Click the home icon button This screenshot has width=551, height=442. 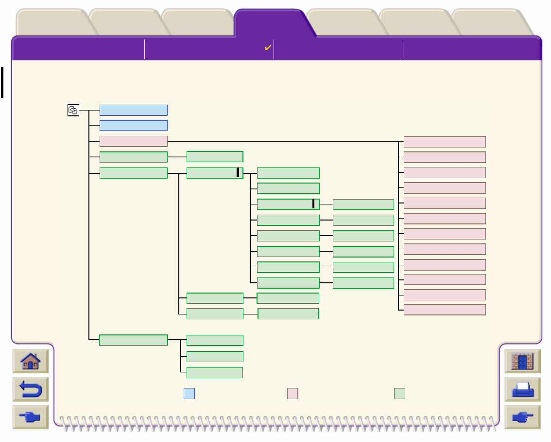pyautogui.click(x=31, y=361)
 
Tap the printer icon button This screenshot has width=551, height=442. pyautogui.click(x=522, y=389)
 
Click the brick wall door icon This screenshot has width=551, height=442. pyautogui.click(x=522, y=361)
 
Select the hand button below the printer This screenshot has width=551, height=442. pyautogui.click(x=522, y=417)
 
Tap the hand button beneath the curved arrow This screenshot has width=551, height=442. pyautogui.click(x=31, y=417)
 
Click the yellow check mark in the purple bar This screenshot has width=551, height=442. pyautogui.click(x=267, y=48)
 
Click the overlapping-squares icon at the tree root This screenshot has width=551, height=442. pyautogui.click(x=73, y=110)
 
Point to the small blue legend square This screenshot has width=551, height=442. pyautogui.click(x=189, y=393)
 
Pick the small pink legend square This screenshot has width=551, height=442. pyautogui.click(x=293, y=393)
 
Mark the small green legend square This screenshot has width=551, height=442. pyautogui.click(x=399, y=393)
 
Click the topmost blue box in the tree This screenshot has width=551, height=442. pyautogui.click(x=134, y=110)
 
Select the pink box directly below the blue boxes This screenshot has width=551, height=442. pyautogui.click(x=134, y=142)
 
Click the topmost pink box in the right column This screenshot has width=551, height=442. pyautogui.click(x=445, y=142)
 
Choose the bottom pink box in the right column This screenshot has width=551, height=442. pyautogui.click(x=445, y=310)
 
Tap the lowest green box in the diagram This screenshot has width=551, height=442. pyautogui.click(x=215, y=372)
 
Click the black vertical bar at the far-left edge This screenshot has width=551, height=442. pyautogui.click(x=2, y=82)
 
